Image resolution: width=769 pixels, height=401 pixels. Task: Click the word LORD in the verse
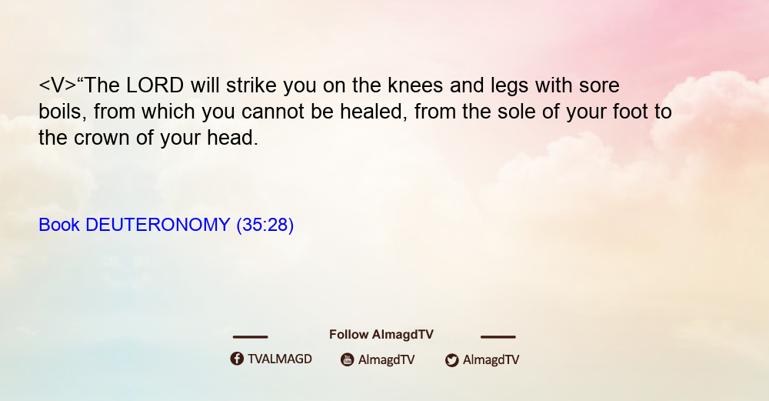pyautogui.click(x=155, y=85)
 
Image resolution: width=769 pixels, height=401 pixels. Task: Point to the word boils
pyautogui.click(x=63, y=112)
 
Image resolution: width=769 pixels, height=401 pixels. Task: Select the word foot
pyautogui.click(x=631, y=112)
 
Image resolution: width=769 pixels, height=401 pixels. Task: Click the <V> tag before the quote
pyautogui.click(x=58, y=85)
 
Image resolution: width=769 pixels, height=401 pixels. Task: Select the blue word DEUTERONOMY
pyautogui.click(x=158, y=225)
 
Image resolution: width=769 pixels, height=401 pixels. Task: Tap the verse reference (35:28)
pyautogui.click(x=265, y=225)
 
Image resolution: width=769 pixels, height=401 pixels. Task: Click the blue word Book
pyautogui.click(x=59, y=225)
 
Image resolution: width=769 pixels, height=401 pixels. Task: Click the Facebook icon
pyautogui.click(x=237, y=359)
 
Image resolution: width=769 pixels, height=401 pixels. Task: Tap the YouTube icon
pyautogui.click(x=348, y=359)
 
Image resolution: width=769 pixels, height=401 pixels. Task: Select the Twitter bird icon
pyautogui.click(x=451, y=360)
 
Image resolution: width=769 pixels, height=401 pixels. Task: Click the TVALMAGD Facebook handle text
pyautogui.click(x=280, y=359)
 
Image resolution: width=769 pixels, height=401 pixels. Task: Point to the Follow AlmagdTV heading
pyautogui.click(x=381, y=335)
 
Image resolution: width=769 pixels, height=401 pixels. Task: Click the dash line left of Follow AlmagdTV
pyautogui.click(x=250, y=336)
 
